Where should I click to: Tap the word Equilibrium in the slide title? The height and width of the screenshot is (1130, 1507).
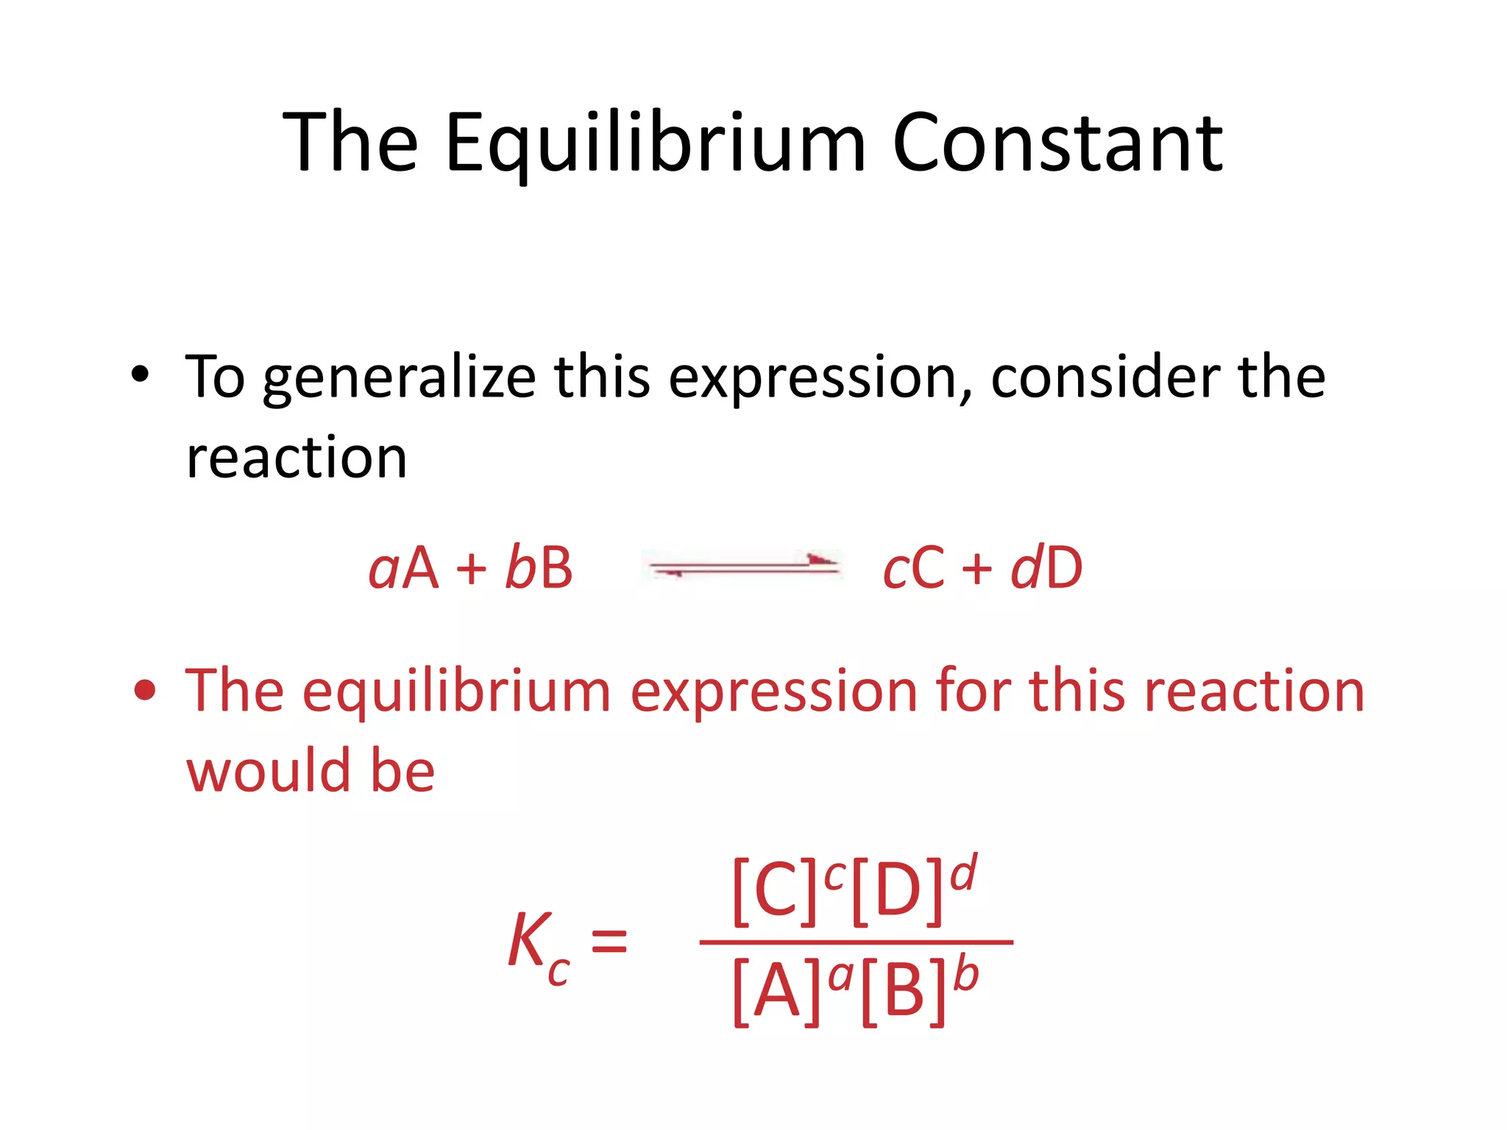click(x=656, y=143)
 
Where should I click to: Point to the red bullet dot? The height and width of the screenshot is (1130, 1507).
click(x=145, y=691)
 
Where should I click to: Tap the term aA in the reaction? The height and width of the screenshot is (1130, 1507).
click(x=403, y=568)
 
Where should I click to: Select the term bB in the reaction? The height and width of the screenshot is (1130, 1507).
click(x=539, y=568)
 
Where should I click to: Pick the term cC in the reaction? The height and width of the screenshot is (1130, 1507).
click(x=913, y=568)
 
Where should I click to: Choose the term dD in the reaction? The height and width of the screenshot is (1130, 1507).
click(x=1046, y=568)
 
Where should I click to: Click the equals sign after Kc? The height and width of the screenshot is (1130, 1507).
click(x=609, y=942)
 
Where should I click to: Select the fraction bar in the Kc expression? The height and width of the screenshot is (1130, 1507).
click(x=856, y=942)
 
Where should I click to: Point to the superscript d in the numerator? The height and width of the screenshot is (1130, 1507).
click(x=963, y=874)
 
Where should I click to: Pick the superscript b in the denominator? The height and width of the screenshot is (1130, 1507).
click(x=965, y=975)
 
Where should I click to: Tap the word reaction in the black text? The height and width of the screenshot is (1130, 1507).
click(x=297, y=458)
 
